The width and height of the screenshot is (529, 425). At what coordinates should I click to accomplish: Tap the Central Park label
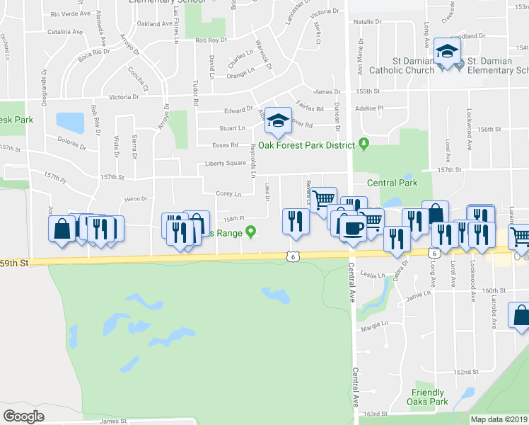(392, 183)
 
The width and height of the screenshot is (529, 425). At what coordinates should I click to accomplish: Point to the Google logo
(23, 416)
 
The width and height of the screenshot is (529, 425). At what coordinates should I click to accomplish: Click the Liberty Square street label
(225, 164)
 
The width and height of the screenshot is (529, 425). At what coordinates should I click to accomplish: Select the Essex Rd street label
(224, 145)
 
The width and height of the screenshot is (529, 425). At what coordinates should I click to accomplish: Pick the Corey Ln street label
(228, 193)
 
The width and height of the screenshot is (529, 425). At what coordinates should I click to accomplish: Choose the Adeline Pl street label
(368, 108)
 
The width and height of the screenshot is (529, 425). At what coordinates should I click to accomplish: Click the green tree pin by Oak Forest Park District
(364, 144)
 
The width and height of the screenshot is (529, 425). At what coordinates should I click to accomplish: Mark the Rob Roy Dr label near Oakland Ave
(211, 41)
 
